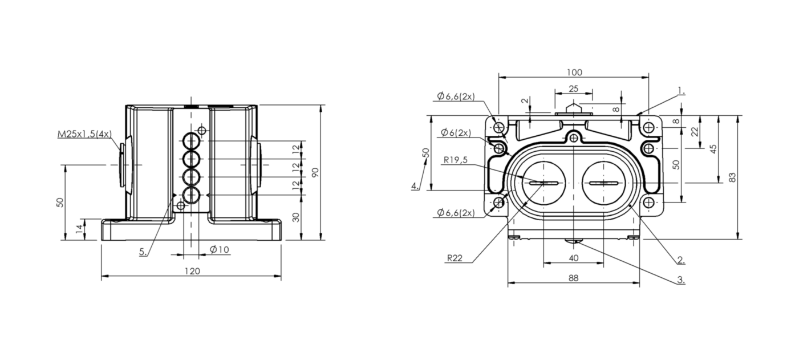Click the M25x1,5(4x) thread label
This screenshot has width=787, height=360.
84,134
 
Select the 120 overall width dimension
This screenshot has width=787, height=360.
192,271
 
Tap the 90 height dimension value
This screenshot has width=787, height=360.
315,172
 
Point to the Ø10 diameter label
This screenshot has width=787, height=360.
219,250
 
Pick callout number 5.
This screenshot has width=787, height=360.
143,252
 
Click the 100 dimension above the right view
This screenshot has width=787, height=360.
574,72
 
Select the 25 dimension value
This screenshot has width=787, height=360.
573,89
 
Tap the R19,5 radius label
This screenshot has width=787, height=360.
455,160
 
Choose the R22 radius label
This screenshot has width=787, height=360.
455,258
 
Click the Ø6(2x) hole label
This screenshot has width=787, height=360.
456,132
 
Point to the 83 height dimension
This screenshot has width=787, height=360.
732,177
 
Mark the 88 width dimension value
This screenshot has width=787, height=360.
573,278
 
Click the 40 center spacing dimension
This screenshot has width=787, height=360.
573,258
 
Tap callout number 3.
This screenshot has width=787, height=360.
681,280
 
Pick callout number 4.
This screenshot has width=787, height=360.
415,185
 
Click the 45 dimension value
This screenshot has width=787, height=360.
713,149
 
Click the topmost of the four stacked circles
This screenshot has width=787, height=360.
192,141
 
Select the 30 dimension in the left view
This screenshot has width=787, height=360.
296,217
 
